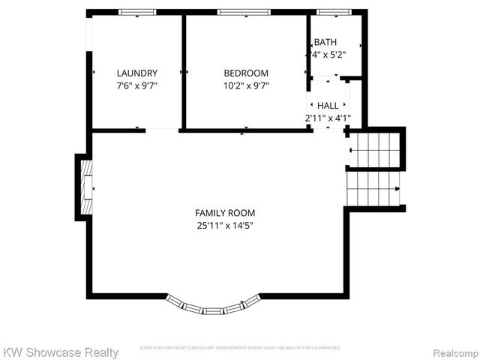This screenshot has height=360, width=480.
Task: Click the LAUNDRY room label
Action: (137, 73)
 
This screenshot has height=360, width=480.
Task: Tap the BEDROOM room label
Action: (246, 73)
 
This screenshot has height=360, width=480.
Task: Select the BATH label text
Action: (325, 42)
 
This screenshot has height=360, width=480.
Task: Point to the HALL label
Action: (328, 106)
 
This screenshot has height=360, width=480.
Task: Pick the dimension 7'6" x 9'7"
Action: (137, 85)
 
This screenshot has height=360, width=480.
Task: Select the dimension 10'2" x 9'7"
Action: (246, 85)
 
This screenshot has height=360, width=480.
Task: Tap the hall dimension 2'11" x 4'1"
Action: (328, 118)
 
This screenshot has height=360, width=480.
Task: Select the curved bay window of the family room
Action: (214, 305)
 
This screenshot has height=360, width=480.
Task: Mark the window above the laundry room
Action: (137, 12)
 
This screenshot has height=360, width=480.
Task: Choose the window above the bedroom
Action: (244, 12)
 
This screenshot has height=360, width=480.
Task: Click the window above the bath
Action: (334, 12)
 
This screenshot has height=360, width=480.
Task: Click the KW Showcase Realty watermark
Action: (61, 352)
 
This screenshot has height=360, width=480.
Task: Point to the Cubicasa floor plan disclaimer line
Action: (240, 348)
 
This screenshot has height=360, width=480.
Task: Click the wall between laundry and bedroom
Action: (183, 71)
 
